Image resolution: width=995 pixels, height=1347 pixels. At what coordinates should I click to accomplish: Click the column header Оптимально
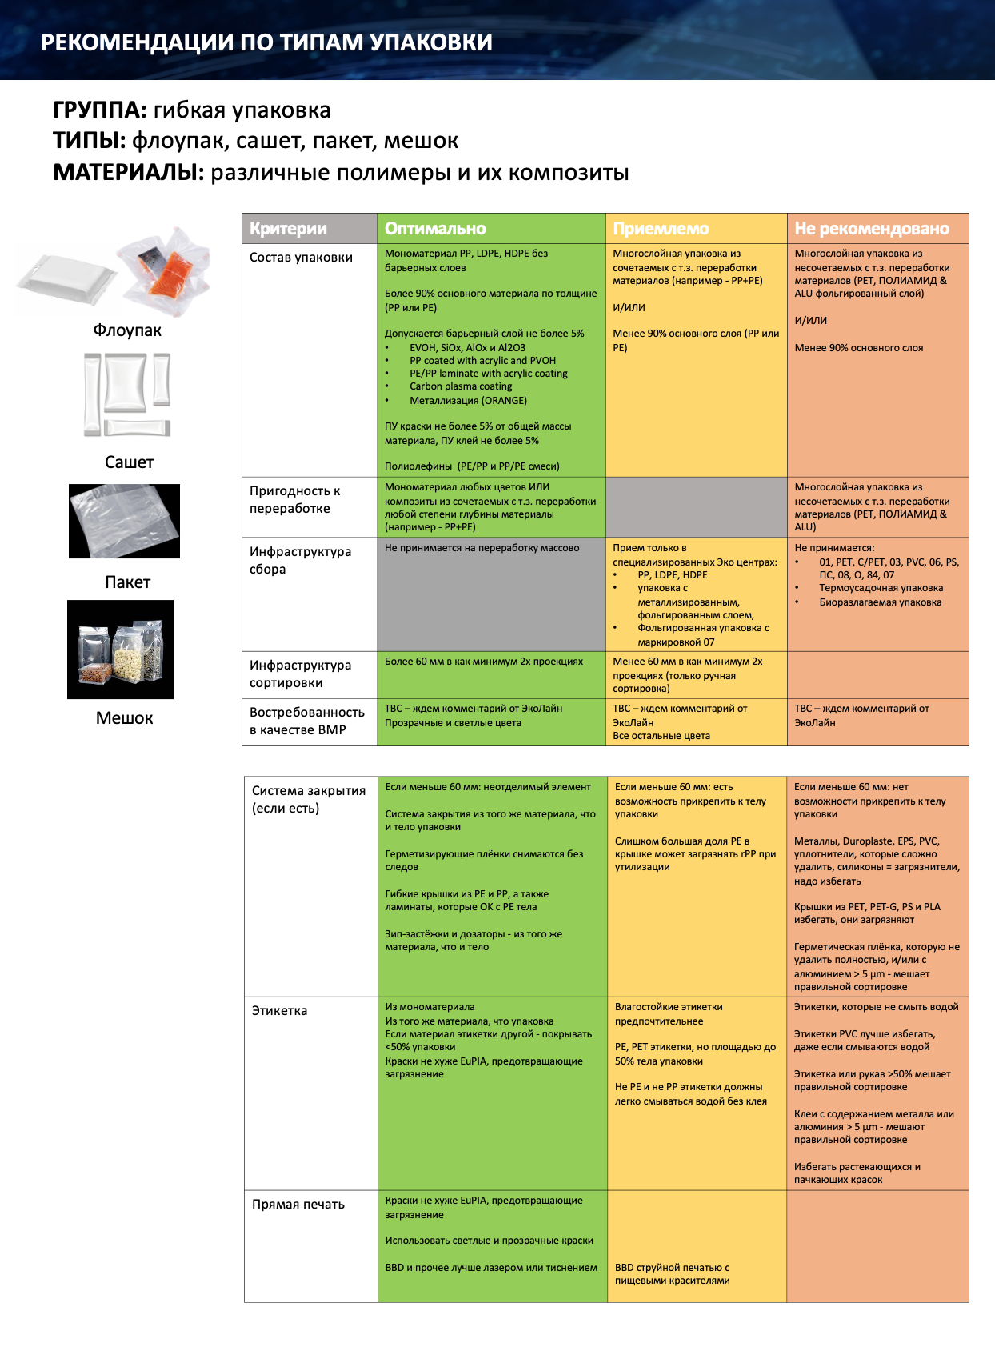pyautogui.click(x=435, y=228)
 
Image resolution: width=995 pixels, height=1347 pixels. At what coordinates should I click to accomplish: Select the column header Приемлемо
pyautogui.click(x=661, y=228)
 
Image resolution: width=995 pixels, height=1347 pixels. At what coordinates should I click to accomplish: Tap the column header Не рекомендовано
pyautogui.click(x=872, y=228)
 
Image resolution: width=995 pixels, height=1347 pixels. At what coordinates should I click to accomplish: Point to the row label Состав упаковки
pyautogui.click(x=301, y=257)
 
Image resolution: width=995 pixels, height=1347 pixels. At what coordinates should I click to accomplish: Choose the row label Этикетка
pyautogui.click(x=279, y=1010)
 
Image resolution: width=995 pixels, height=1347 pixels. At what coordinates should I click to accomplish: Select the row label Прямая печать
pyautogui.click(x=298, y=1205)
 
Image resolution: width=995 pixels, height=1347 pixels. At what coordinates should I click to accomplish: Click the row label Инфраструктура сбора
pyautogui.click(x=300, y=560)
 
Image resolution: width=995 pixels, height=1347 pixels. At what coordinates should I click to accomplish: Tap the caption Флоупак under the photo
pyautogui.click(x=127, y=330)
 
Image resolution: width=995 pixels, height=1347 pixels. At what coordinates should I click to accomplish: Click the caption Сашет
pyautogui.click(x=130, y=462)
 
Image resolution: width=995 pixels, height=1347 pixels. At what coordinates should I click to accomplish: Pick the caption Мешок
pyautogui.click(x=125, y=717)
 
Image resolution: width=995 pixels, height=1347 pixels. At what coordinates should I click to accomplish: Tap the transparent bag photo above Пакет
pyautogui.click(x=124, y=521)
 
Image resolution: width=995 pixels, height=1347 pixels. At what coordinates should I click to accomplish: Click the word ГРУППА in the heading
pyautogui.click(x=98, y=110)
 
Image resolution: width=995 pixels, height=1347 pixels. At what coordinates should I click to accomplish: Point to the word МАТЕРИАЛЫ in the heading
pyautogui.click(x=127, y=173)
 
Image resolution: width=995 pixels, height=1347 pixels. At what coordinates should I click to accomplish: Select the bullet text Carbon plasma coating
pyautogui.click(x=461, y=386)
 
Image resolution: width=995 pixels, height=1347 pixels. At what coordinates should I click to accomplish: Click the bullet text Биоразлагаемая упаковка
pyautogui.click(x=880, y=602)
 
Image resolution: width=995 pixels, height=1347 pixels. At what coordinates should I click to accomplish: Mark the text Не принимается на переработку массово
pyautogui.click(x=482, y=548)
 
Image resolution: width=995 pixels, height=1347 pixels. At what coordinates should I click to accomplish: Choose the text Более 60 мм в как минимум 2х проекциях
pyautogui.click(x=484, y=662)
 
